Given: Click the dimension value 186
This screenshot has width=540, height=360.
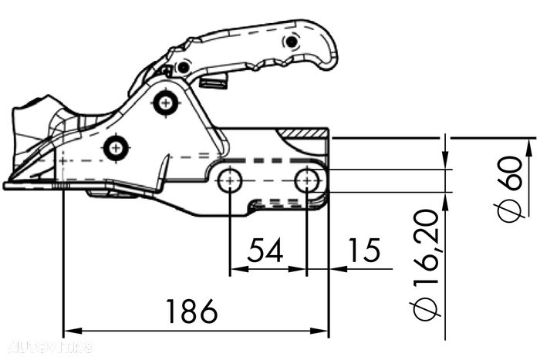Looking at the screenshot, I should point(191,312).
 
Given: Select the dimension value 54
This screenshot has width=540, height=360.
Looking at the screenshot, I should point(265,251).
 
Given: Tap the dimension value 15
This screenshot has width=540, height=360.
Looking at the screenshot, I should point(364,251).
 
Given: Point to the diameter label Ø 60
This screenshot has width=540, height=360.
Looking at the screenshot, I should point(510,187).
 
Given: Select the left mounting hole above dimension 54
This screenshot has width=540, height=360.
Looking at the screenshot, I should point(229,182).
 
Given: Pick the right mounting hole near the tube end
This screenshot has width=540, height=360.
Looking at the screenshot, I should point(308,181).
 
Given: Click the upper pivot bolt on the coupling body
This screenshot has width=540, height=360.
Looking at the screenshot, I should point(164,102).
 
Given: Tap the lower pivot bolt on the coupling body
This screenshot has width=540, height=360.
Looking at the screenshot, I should point(116,146).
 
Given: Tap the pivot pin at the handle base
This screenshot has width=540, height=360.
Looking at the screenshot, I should point(183,68).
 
